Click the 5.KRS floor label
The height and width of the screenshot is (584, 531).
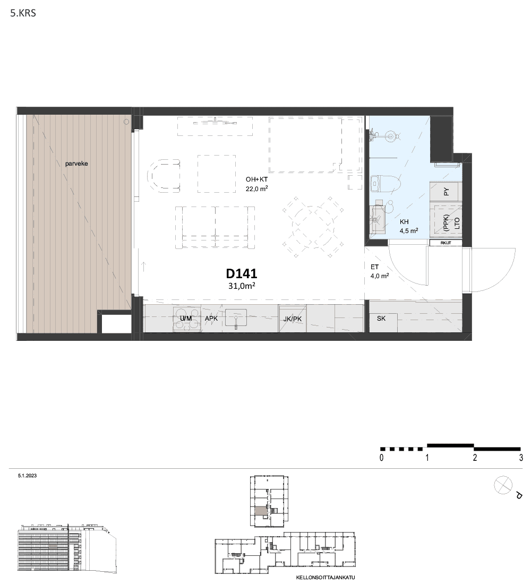click(23, 13)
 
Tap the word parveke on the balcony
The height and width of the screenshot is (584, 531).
click(76, 164)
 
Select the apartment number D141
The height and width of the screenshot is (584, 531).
click(242, 274)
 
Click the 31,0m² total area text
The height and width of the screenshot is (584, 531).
click(242, 286)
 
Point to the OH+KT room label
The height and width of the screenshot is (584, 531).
click(256, 179)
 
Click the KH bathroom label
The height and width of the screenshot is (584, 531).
click(404, 222)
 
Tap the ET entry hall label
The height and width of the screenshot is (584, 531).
click(374, 267)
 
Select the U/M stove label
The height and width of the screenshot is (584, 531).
click(185, 319)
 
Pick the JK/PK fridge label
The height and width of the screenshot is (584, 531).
click(293, 319)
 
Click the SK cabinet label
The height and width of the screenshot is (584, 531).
click(381, 319)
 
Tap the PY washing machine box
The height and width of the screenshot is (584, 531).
click(446, 192)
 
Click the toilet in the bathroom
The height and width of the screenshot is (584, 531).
click(386, 184)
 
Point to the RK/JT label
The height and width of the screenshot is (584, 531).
click(446, 243)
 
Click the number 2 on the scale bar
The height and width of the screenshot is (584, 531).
click(475, 457)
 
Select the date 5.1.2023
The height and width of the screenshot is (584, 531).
click(27, 476)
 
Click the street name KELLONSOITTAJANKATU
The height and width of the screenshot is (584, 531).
click(326, 578)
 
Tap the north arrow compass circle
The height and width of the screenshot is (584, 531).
click(503, 486)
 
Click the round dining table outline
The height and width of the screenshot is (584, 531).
click(312, 227)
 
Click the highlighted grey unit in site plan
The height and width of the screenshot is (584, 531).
click(261, 511)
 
